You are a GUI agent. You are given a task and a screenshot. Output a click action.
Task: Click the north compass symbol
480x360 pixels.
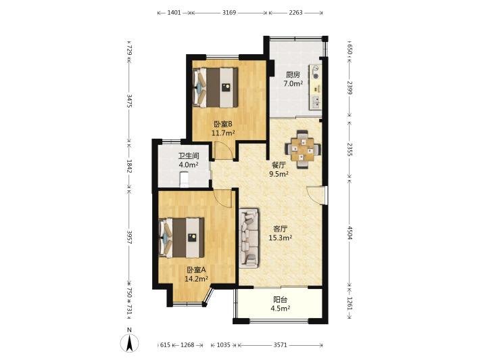[x=130, y=342]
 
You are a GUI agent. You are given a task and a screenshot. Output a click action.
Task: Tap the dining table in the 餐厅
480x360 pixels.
[x=303, y=149]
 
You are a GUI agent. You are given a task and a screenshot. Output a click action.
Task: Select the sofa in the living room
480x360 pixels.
[x=249, y=238]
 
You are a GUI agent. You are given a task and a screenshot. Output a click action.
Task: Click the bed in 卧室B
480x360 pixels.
[x=215, y=87]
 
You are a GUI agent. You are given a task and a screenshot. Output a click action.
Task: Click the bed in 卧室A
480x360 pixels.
[x=182, y=238]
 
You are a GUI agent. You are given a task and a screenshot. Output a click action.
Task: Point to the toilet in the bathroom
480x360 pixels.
[x=185, y=179]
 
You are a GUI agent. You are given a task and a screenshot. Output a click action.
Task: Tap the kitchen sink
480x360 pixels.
[x=315, y=103]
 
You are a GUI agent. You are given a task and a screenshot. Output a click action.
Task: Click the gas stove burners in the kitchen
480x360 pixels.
[x=315, y=72]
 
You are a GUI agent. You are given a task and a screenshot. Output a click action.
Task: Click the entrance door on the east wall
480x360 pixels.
[x=316, y=195]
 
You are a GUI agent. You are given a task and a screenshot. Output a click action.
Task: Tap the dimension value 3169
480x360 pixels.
[x=229, y=13]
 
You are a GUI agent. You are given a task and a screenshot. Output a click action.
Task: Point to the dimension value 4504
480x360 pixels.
[x=350, y=233]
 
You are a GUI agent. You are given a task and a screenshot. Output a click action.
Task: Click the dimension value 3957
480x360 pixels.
[x=129, y=237]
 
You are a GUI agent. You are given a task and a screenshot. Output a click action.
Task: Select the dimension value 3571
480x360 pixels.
[x=280, y=345]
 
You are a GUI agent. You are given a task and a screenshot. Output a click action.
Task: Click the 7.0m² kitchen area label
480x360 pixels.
[x=293, y=84]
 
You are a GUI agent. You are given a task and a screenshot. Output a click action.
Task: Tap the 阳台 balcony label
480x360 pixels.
[x=280, y=300]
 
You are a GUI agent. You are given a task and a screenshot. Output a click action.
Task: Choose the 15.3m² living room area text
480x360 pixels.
[x=280, y=238]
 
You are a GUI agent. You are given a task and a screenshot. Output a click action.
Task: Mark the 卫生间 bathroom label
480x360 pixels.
[x=189, y=156]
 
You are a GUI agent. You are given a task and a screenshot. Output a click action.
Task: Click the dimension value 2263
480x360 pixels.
[x=295, y=13]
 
